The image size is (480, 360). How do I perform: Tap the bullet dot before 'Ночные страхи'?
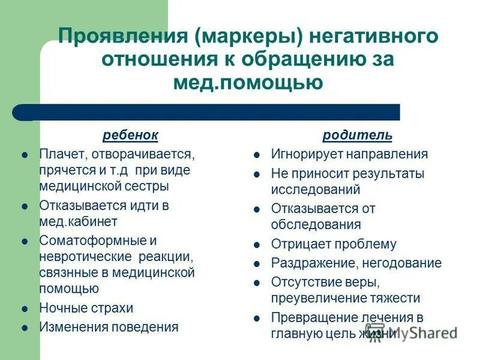coord(25,308)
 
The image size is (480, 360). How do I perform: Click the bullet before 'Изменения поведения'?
coord(25,328)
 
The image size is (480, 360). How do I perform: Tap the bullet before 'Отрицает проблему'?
coord(257,245)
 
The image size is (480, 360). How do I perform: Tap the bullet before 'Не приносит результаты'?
coord(257,174)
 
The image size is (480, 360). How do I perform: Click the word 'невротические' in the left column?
coord(85,257)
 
